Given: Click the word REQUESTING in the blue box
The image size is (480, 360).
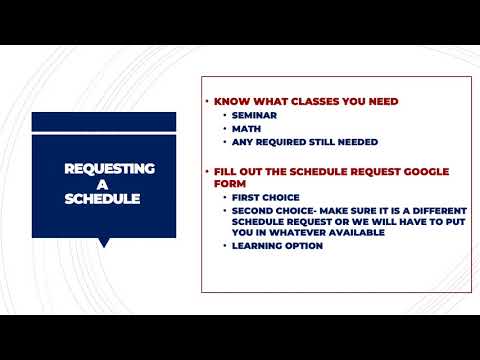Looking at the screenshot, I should pyautogui.click(x=102, y=169).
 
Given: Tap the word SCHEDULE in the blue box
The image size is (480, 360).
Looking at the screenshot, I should pyautogui.click(x=102, y=198).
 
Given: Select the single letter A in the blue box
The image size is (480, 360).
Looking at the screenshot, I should pyautogui.click(x=102, y=184).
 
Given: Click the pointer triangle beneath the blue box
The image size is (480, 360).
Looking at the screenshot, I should pyautogui.click(x=103, y=242).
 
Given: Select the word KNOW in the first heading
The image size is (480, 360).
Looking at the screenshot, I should pyautogui.click(x=231, y=101).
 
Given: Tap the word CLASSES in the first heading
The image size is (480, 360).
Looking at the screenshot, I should pyautogui.click(x=316, y=101).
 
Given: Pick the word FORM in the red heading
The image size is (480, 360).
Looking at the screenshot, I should pyautogui.click(x=231, y=183).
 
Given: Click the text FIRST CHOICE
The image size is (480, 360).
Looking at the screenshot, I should pyautogui.click(x=265, y=198).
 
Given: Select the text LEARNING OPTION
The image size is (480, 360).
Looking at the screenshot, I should pyautogui.click(x=277, y=246).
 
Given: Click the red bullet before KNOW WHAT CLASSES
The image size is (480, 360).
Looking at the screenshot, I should pyautogui.click(x=207, y=101).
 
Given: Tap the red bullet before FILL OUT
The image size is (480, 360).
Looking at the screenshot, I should pyautogui.click(x=207, y=171).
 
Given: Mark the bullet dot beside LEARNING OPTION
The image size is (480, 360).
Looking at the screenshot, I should pyautogui.click(x=224, y=246).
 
